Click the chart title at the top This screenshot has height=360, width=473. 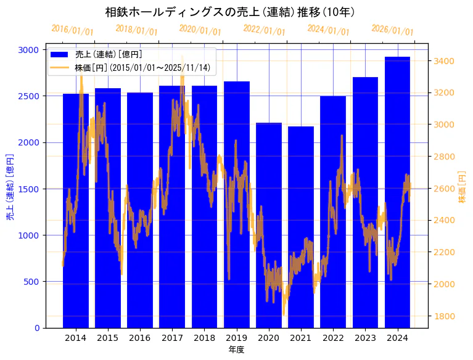[229, 12]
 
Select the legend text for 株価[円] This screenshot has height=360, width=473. [142, 68]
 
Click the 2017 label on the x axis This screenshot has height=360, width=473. [172, 338]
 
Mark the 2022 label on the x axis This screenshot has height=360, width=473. [333, 338]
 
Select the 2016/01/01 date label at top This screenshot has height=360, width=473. [73, 30]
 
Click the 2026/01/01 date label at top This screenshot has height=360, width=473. [393, 30]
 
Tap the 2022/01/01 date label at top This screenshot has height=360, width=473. [265, 30]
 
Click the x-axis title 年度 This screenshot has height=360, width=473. [236, 350]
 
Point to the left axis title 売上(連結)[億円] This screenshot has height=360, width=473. [10, 188]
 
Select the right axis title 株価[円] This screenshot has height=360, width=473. [462, 188]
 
